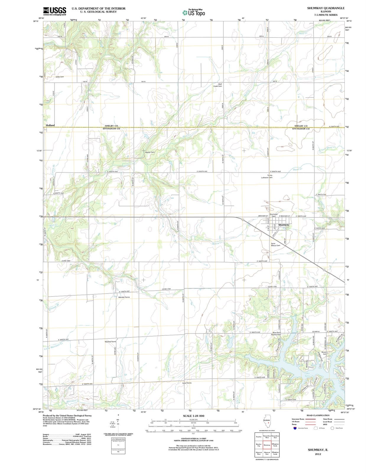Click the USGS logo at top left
pyautogui.click(x=55, y=11)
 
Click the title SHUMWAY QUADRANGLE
pyautogui.click(x=326, y=8)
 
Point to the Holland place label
pyautogui.click(x=50, y=125)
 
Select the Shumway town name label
pyautogui.click(x=284, y=225)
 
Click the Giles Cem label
pyautogui.click(x=60, y=77)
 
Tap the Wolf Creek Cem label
pyautogui.click(x=218, y=85)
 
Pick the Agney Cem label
pyautogui.click(x=150, y=152)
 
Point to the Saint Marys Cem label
pyautogui.click(x=275, y=244)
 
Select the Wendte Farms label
pyautogui.click(x=124, y=297)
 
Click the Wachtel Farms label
pyautogui.click(x=110, y=341)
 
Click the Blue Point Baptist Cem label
pyautogui.click(x=276, y=333)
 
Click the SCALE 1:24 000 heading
pyautogui.click(x=193, y=416)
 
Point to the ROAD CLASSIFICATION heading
pyautogui.click(x=318, y=415)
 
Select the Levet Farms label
pyautogui.click(x=187, y=383)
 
